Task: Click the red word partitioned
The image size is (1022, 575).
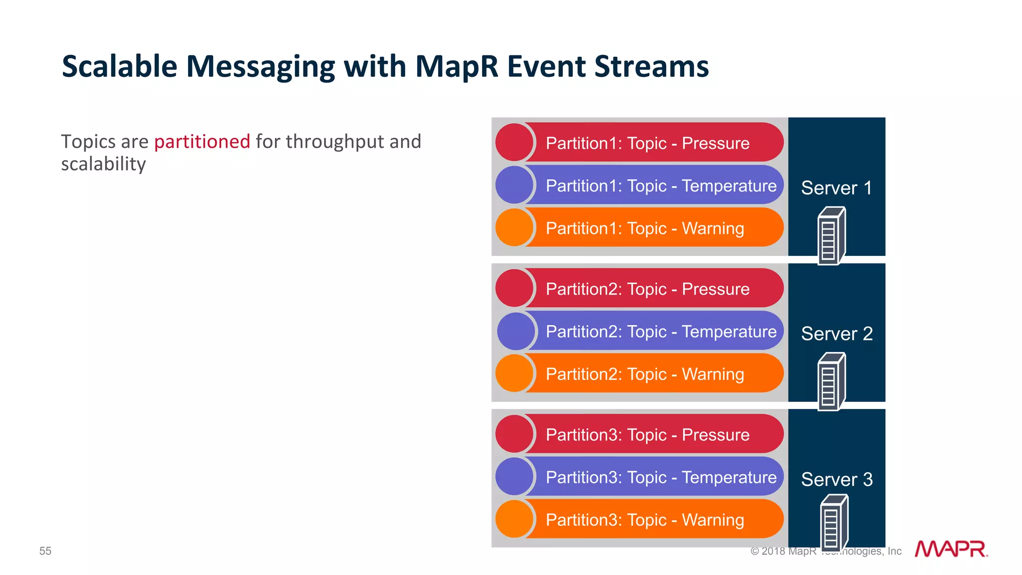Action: pos(202,142)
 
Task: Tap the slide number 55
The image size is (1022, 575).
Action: pos(45,551)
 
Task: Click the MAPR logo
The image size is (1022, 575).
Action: pos(951,549)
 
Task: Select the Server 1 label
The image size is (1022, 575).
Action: pos(836,188)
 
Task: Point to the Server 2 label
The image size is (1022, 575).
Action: pos(837,334)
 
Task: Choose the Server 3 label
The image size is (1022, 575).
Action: pos(837,479)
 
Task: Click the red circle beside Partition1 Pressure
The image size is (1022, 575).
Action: pos(514,143)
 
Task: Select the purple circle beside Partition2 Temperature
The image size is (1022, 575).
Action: pos(516,331)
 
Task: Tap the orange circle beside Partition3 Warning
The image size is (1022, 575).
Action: pos(514,519)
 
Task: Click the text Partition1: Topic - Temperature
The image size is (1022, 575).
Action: pos(661,186)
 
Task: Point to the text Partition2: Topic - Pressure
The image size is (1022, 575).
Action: pos(647,289)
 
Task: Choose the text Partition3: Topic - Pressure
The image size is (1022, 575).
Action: pos(647,434)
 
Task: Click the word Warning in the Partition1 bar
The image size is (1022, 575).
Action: pos(713,228)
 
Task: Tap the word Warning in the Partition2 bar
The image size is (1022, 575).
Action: pos(713,374)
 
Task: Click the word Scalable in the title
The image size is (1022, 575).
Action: pos(119,66)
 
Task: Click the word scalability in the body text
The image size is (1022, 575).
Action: pos(103,164)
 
